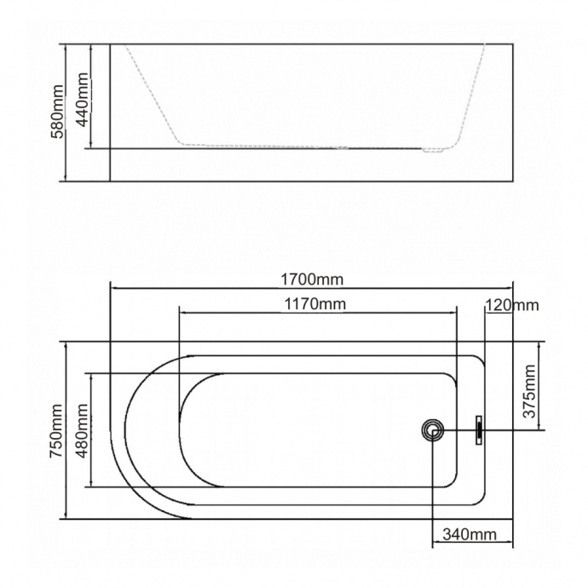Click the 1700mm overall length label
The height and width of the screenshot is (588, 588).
coord(312,279)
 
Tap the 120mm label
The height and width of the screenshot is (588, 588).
coord(511,305)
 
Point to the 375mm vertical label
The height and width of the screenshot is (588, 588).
coord(528,391)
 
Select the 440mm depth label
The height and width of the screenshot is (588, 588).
coord(83,99)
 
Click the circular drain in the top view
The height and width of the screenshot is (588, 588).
coord(434,430)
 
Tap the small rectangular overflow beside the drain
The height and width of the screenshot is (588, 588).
coord(479,429)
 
